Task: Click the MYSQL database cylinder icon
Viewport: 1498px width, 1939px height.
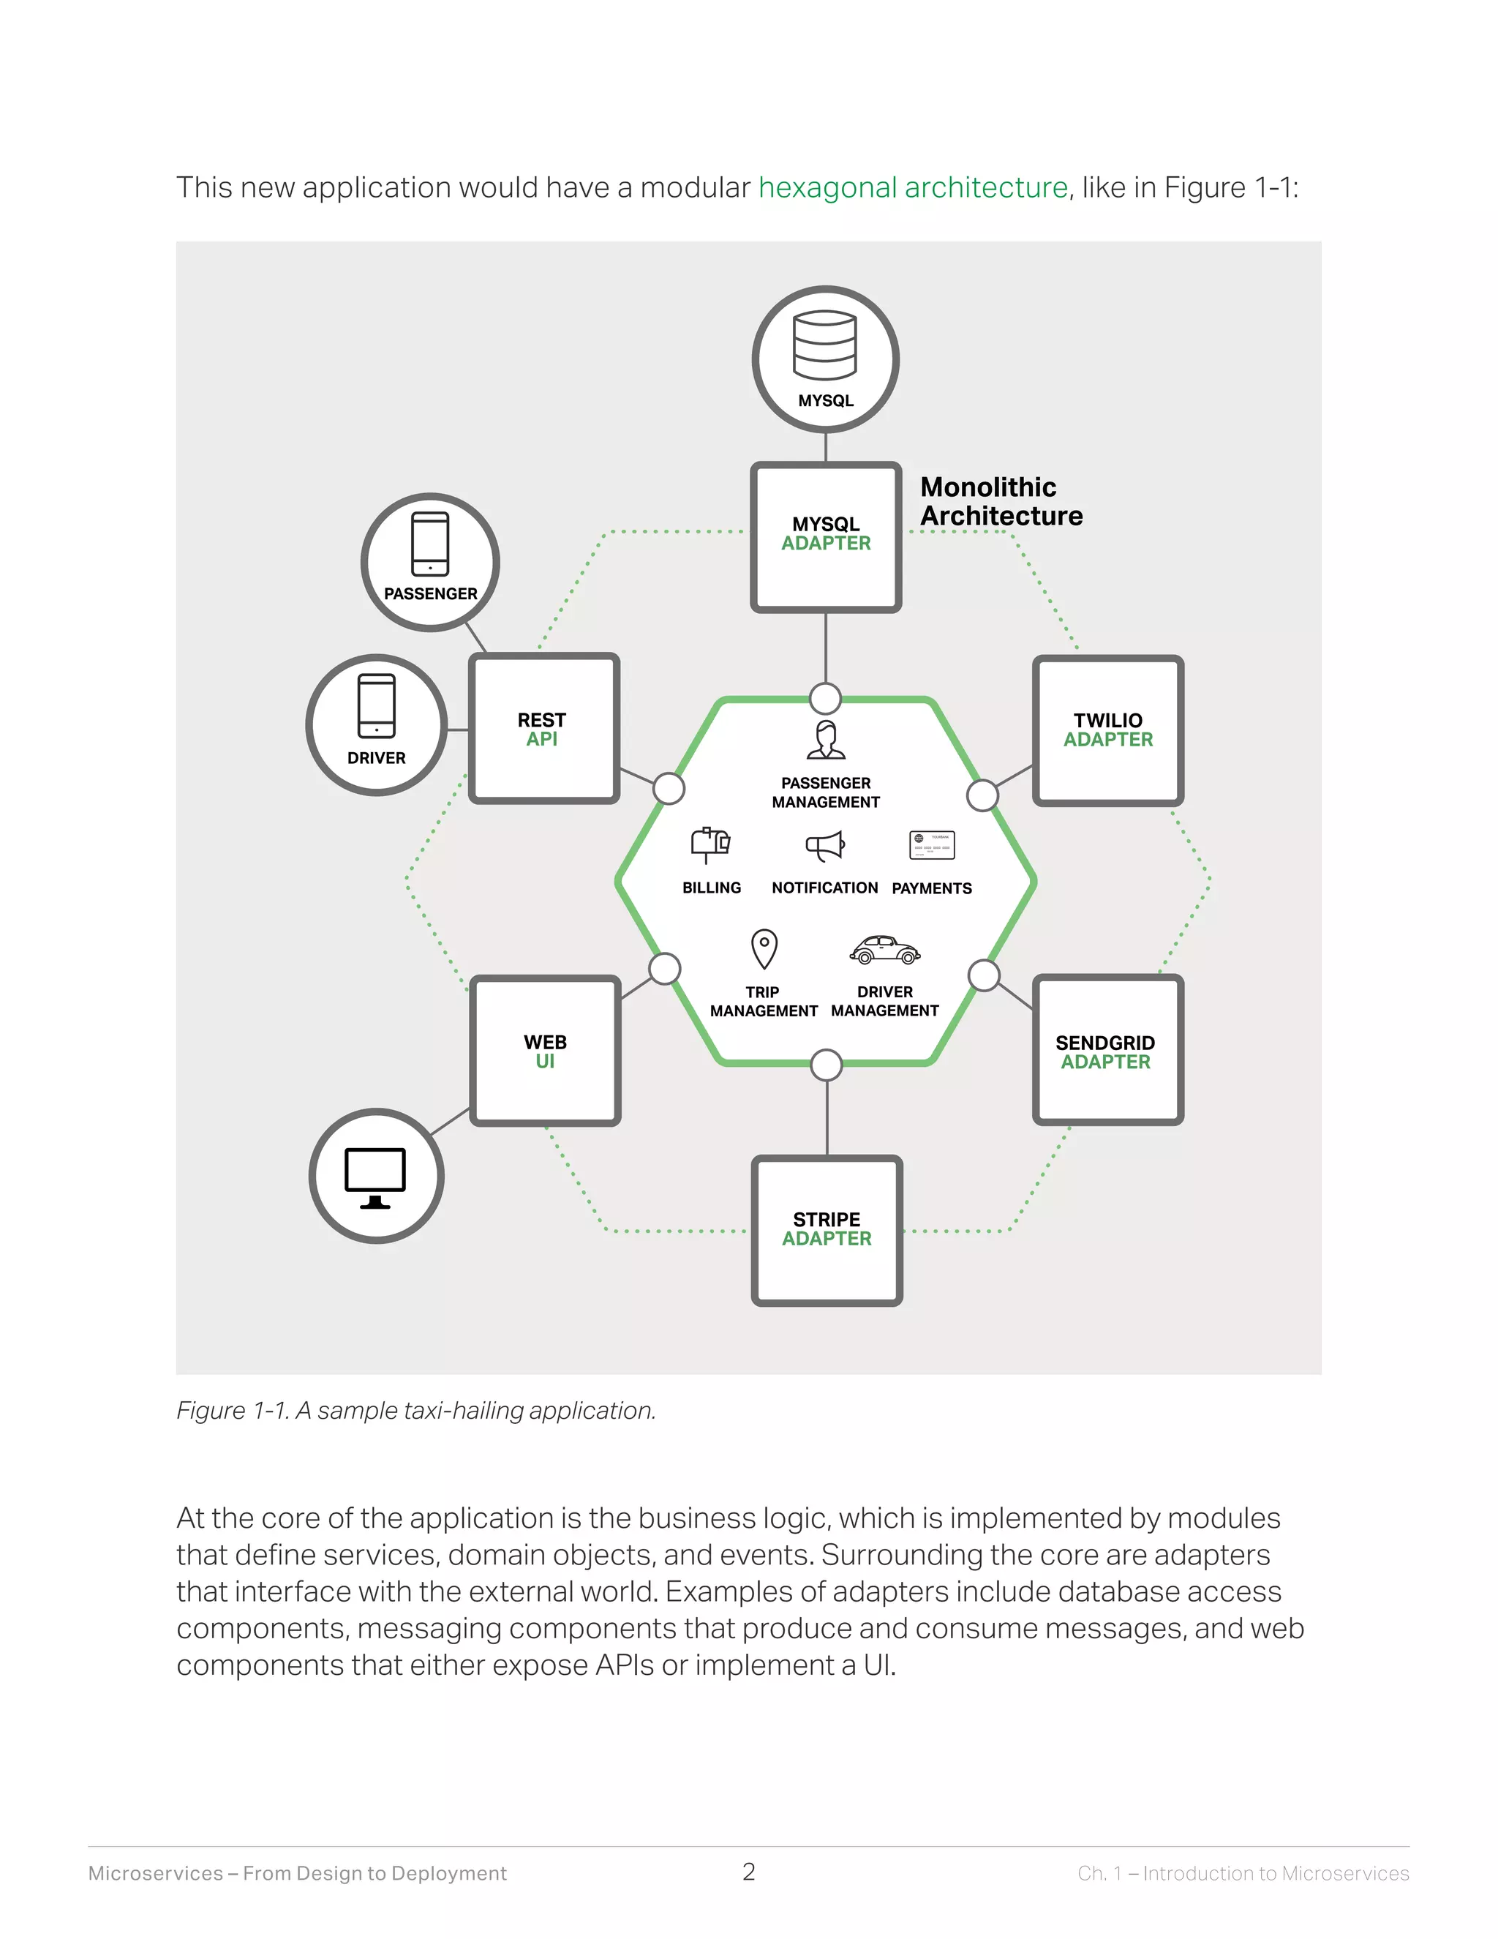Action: (824, 345)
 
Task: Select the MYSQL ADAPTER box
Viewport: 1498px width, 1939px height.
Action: (825, 537)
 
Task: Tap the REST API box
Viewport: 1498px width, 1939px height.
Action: (543, 729)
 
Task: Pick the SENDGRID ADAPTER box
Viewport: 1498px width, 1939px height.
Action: (1107, 1050)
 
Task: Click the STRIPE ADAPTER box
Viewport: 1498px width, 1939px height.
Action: (827, 1230)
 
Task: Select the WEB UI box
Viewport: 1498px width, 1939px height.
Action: (544, 1050)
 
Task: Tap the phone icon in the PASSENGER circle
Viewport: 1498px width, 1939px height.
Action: (430, 544)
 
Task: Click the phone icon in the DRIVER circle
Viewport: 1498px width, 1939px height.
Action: (376, 706)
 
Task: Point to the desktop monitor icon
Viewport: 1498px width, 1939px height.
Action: (375, 1177)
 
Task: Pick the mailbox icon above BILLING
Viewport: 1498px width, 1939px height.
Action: (710, 844)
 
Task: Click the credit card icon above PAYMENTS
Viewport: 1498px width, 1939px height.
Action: (932, 845)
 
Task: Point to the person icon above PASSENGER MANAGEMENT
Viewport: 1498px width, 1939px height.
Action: (825, 740)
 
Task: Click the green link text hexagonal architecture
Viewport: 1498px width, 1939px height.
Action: (912, 187)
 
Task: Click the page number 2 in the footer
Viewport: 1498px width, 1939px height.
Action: (748, 1872)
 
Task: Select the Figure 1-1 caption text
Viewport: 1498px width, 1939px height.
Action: (415, 1410)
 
